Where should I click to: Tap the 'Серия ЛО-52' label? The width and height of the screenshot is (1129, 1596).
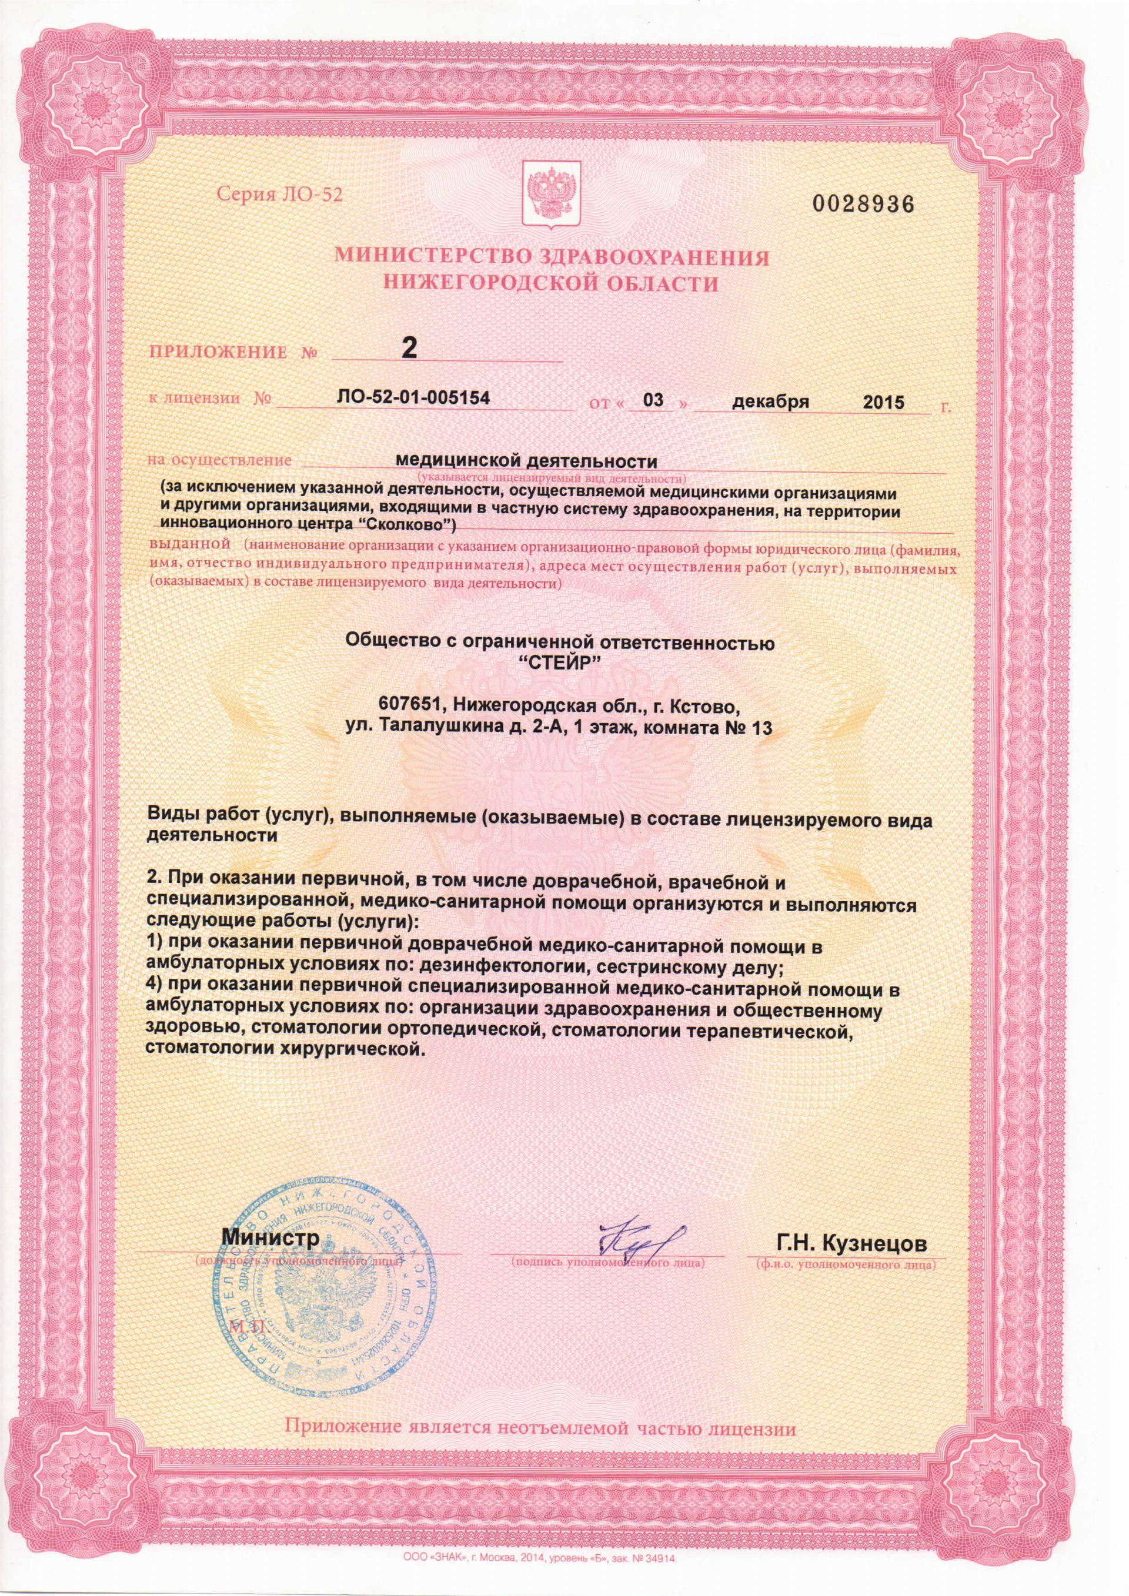(280, 194)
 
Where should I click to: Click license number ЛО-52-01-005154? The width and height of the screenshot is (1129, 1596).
(413, 399)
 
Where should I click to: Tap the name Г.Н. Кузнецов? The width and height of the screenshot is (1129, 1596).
(851, 1243)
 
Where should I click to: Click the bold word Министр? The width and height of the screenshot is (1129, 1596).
(270, 1237)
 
